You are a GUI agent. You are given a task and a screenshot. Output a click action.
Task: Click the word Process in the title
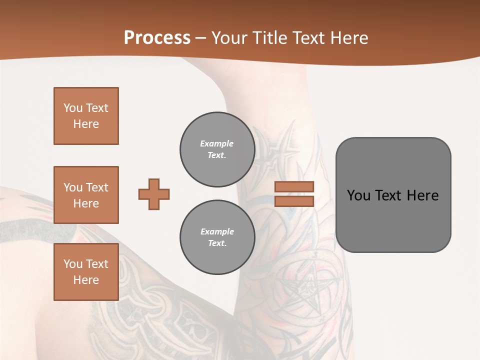[157, 38]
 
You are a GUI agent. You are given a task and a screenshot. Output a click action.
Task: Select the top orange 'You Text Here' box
[86, 116]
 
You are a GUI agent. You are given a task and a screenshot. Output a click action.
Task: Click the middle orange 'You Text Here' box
[86, 195]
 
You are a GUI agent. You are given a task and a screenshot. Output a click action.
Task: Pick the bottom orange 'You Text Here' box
[86, 272]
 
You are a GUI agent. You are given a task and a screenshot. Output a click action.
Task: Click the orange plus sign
[154, 194]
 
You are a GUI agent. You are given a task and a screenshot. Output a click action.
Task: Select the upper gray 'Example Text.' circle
[217, 149]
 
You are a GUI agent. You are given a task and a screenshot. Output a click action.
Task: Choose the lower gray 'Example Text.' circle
[217, 237]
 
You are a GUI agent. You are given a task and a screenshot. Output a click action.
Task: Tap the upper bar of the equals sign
[294, 186]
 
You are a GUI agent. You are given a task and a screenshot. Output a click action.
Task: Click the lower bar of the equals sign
[294, 201]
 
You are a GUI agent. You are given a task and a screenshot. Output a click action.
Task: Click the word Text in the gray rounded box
[389, 195]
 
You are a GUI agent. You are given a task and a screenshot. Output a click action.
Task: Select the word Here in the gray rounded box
[422, 195]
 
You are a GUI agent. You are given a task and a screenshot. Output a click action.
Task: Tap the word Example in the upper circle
[217, 143]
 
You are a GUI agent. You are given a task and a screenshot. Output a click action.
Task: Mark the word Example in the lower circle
[217, 231]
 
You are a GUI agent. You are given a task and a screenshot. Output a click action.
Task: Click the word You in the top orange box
[72, 108]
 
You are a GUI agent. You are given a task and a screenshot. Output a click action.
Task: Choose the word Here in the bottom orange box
[86, 280]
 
